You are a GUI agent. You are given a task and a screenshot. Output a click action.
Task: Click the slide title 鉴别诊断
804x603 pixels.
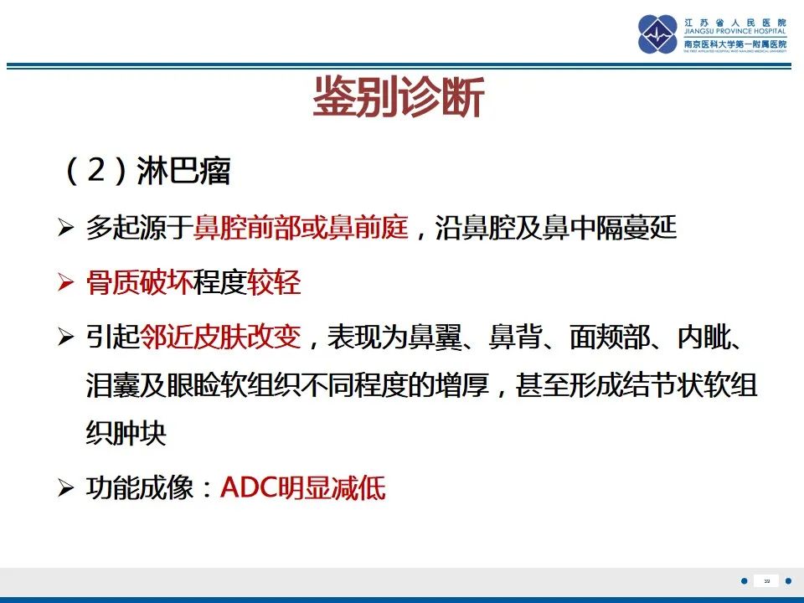399,99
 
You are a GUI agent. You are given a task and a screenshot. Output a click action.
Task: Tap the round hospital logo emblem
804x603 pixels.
658,34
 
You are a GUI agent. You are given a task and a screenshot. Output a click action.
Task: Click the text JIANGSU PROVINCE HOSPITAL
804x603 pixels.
734,33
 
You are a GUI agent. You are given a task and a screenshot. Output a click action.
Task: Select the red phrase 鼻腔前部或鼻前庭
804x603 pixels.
301,229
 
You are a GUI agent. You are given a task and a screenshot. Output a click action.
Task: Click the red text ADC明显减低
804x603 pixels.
302,488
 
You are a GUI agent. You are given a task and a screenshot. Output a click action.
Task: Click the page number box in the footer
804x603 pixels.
766,580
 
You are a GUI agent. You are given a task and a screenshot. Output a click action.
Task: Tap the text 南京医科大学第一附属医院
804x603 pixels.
734,44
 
